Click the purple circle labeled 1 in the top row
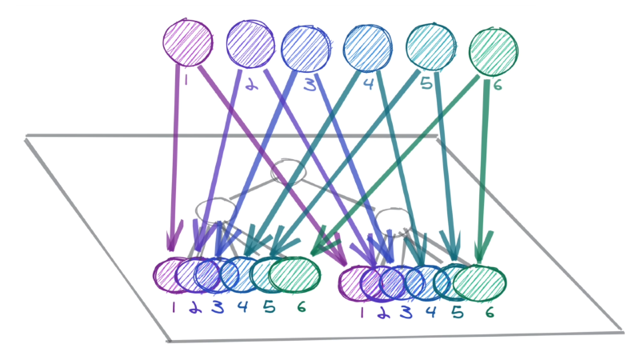(x=187, y=42)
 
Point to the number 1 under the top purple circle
(x=186, y=79)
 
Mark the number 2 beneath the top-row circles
(x=253, y=84)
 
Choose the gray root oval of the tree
(x=288, y=172)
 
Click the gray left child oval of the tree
(x=216, y=210)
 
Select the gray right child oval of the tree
(x=392, y=219)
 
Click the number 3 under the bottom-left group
(x=218, y=307)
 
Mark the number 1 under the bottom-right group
(x=361, y=313)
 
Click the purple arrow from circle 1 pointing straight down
(x=173, y=160)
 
